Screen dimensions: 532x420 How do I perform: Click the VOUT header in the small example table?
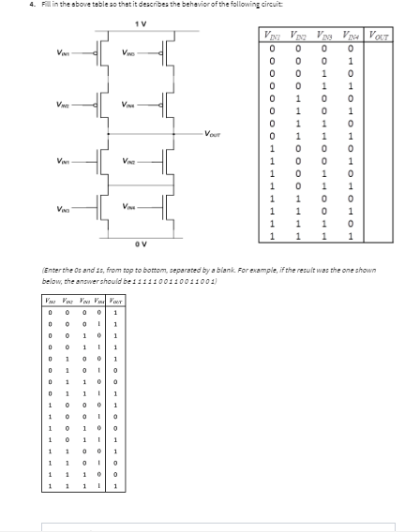[x=113, y=300]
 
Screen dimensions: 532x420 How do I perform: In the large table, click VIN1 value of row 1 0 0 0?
[x=270, y=147]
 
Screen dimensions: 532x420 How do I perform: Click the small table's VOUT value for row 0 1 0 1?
[x=113, y=381]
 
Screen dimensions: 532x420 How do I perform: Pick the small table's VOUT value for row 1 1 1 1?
[x=113, y=486]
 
